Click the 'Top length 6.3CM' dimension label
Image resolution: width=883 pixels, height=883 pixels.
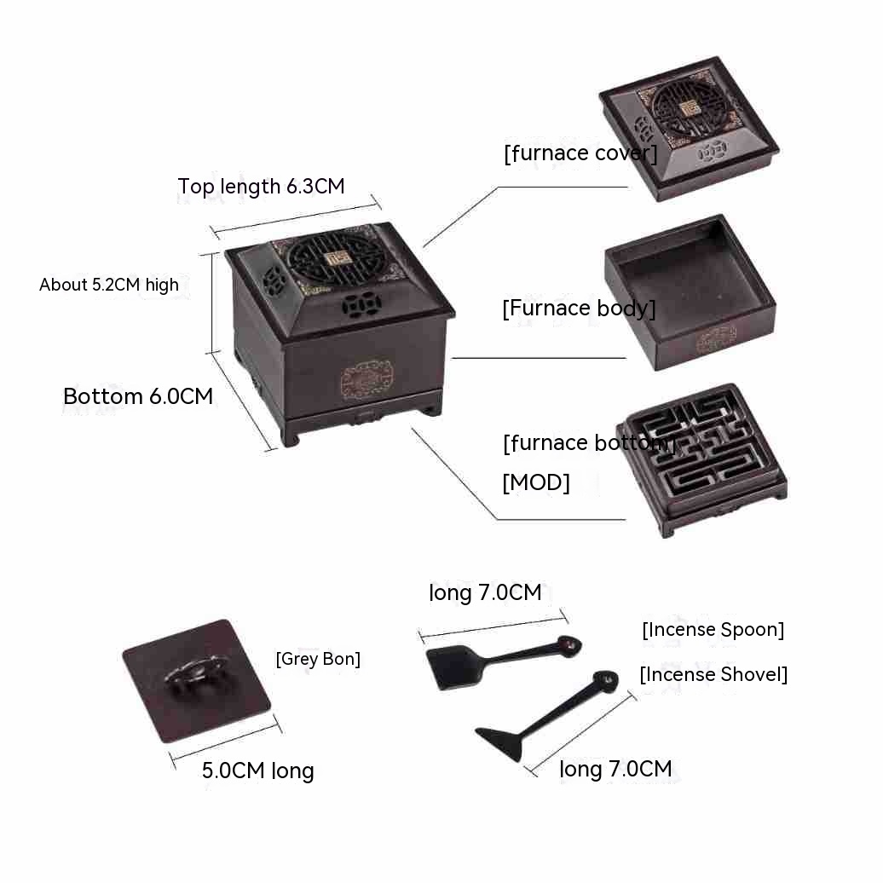(262, 186)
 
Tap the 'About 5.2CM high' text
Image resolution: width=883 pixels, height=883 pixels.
(109, 285)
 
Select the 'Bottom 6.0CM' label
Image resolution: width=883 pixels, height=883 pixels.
(138, 396)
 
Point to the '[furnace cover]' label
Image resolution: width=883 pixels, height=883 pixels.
(580, 153)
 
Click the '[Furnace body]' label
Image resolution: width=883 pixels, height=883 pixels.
(579, 309)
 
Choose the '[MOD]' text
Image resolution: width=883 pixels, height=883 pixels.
(536, 482)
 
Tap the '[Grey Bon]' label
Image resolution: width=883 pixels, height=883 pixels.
(318, 659)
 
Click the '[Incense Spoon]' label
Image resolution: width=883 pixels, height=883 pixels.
(713, 630)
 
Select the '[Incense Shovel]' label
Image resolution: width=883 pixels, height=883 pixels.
(713, 675)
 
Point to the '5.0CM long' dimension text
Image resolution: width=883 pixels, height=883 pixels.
(258, 770)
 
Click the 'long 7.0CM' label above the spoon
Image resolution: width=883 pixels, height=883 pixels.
(486, 592)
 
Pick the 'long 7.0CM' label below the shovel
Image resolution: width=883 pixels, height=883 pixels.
(615, 769)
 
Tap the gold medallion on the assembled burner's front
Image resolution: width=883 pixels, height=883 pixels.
(366, 381)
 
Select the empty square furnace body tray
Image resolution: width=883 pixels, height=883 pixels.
(690, 292)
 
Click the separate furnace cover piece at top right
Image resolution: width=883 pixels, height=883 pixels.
(689, 129)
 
